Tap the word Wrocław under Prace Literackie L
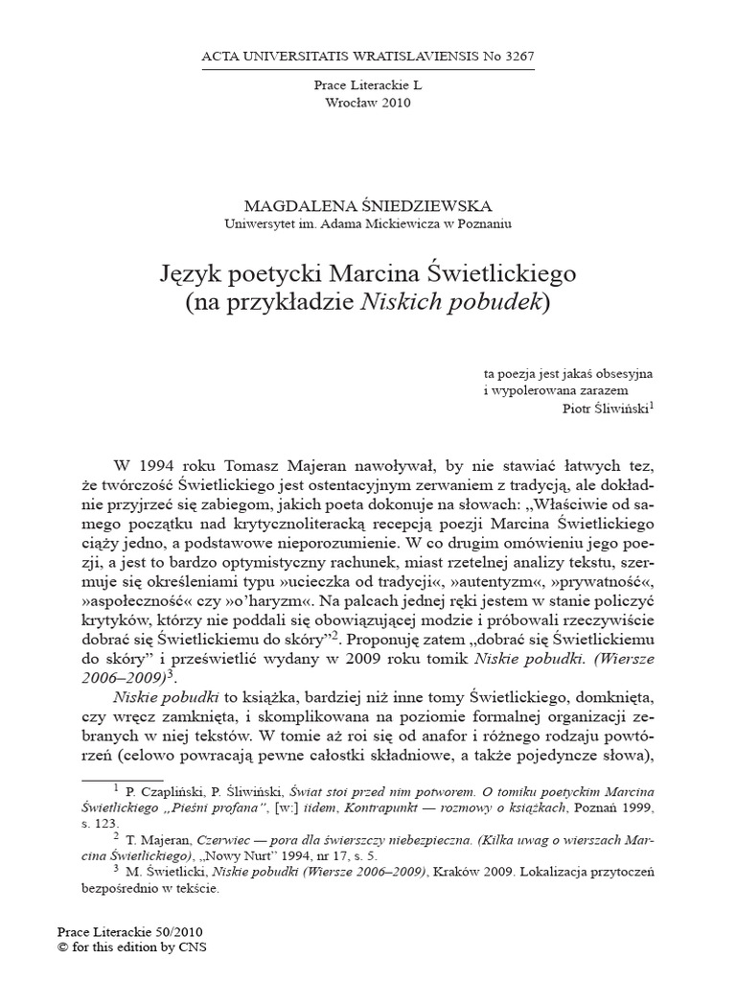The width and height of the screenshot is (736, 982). pyautogui.click(x=352, y=104)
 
